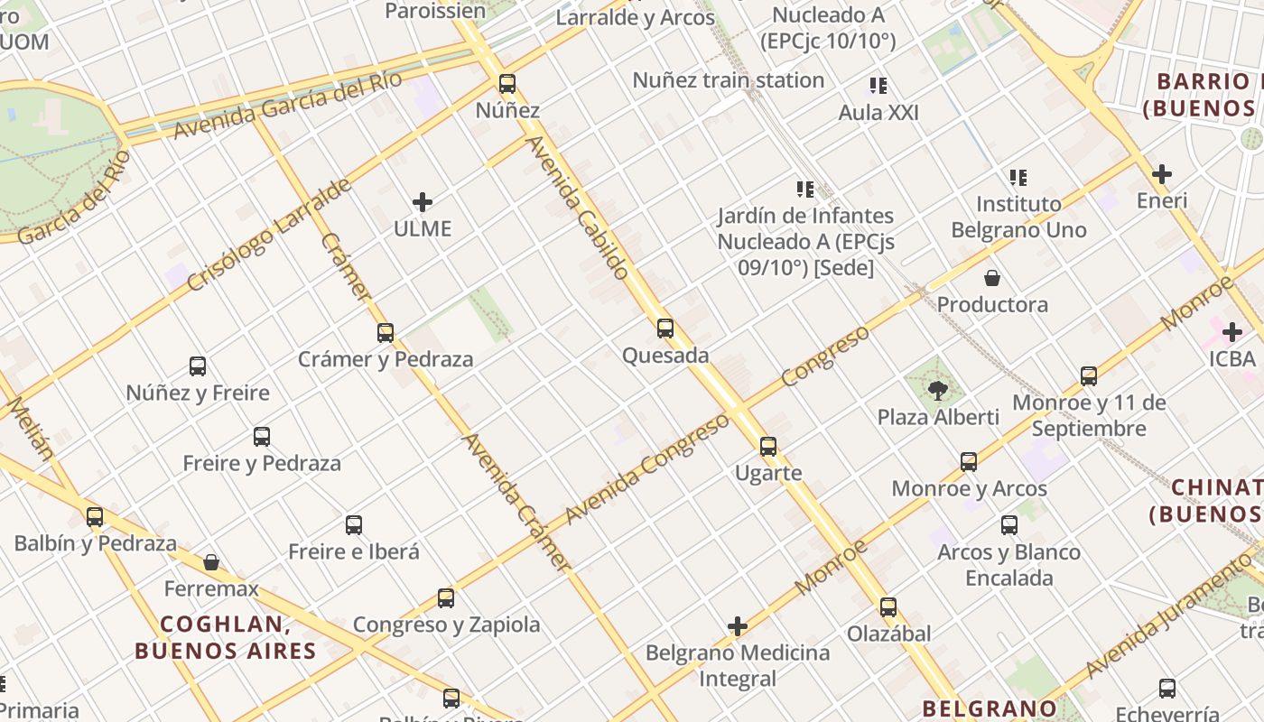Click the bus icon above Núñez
click(x=507, y=84)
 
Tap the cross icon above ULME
click(x=422, y=202)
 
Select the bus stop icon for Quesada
click(x=665, y=329)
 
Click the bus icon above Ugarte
click(x=768, y=446)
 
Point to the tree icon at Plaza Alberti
click(x=938, y=391)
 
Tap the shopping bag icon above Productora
click(x=992, y=278)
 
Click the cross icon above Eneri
click(x=1162, y=174)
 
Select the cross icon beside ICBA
click(x=1232, y=332)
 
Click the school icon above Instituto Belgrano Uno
click(x=1018, y=177)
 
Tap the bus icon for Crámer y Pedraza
click(x=386, y=332)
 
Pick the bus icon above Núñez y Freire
click(x=198, y=366)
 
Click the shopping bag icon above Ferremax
click(x=211, y=562)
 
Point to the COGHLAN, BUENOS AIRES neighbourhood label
click(x=226, y=637)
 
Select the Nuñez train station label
click(x=728, y=80)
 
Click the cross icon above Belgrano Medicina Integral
click(x=738, y=626)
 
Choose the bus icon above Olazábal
click(x=888, y=606)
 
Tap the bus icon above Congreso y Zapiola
click(x=446, y=597)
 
